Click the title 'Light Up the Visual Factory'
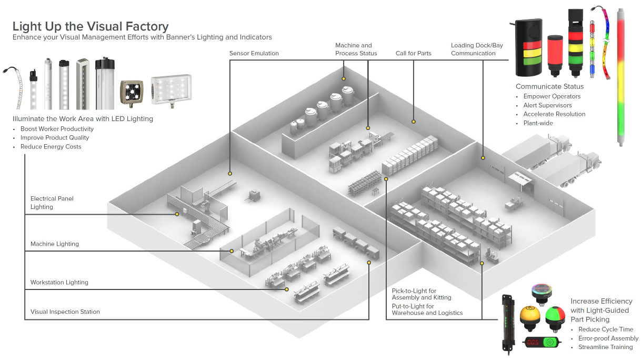point(91,26)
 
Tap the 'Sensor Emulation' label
point(254,53)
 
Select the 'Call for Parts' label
point(413,53)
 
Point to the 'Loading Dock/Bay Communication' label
point(477,49)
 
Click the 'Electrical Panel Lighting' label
point(52,203)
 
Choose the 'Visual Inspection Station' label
point(65,312)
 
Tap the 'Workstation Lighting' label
point(59,282)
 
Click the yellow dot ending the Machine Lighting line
point(232,251)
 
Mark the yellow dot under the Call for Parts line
point(414,122)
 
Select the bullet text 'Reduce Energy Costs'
point(51,147)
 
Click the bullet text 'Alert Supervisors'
point(547,105)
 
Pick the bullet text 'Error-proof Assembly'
point(608,338)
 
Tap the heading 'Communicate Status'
point(549,86)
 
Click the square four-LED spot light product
point(132,93)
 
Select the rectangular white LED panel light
point(172,90)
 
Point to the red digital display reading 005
point(533,342)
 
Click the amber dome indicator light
point(530,318)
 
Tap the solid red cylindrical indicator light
point(555,56)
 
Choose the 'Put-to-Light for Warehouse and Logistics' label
point(427,309)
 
